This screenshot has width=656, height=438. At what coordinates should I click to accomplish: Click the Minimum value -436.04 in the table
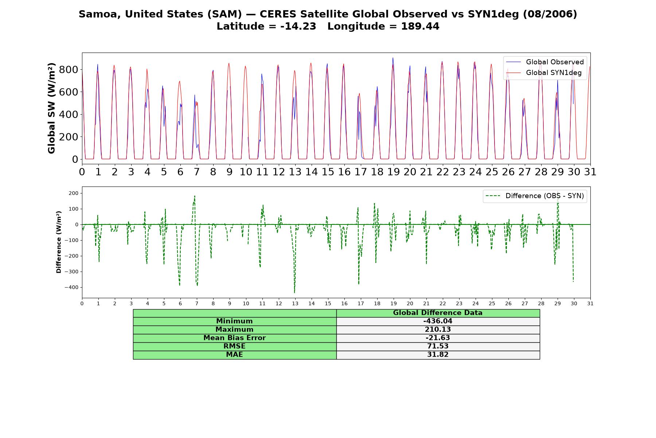tap(438, 321)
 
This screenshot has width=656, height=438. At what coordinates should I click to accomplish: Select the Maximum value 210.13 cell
tap(438, 330)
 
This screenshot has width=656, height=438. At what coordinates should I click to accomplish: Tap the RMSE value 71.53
tap(438, 346)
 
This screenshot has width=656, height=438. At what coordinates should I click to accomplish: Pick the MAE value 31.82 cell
tap(438, 355)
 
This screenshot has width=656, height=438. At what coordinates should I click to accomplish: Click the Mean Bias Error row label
tap(234, 338)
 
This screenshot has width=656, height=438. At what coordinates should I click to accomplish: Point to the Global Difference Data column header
tap(438, 313)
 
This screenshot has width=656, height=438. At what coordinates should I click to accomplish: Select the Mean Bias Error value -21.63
tap(438, 338)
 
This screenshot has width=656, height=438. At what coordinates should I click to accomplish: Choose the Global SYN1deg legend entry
tap(544, 73)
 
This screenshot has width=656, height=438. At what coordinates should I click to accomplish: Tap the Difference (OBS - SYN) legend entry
tap(535, 196)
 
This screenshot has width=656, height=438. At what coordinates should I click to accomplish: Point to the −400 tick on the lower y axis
tap(71, 287)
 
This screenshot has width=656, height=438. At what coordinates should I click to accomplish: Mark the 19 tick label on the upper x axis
tap(393, 172)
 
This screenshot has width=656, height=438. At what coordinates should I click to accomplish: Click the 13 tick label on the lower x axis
tap(295, 303)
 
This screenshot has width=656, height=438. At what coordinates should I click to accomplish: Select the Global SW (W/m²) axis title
tap(51, 108)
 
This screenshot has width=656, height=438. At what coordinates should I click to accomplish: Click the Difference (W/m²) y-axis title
tap(59, 242)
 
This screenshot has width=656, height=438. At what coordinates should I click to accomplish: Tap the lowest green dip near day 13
tap(294, 292)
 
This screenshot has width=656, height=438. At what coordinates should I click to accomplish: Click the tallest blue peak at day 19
tap(393, 58)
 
